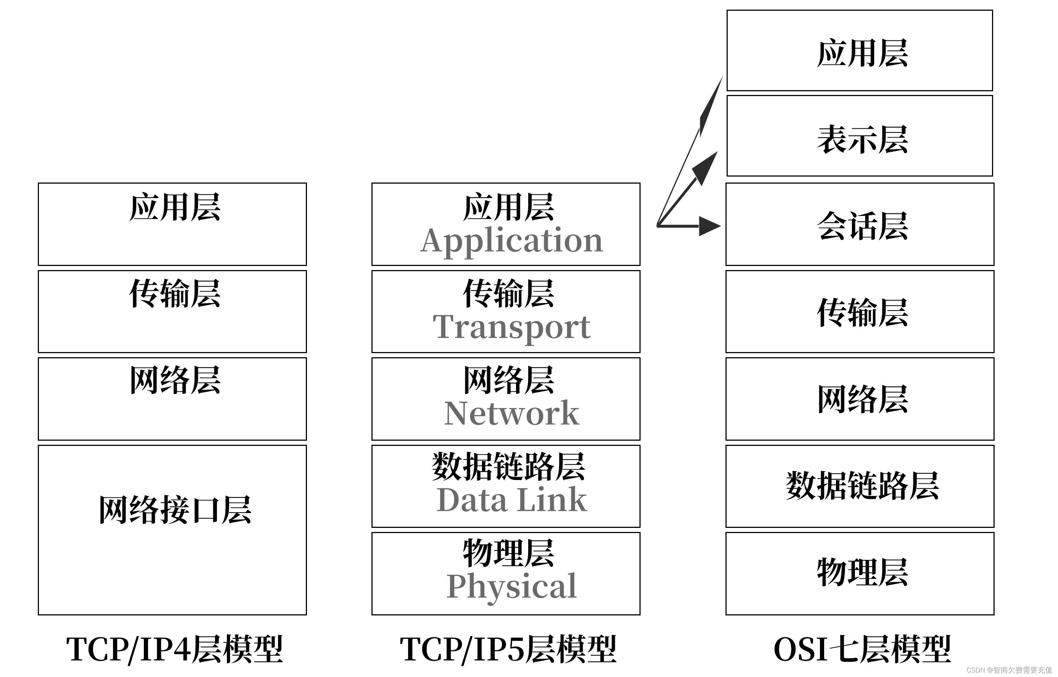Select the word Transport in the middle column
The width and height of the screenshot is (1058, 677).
coord(512,328)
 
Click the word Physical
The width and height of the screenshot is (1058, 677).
coord(512,587)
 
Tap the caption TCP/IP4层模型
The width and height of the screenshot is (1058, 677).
coord(175,649)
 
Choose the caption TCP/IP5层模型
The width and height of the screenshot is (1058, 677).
coord(508,649)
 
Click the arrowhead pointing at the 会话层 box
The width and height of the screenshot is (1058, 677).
coord(710,226)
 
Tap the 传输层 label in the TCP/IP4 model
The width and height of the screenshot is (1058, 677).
coord(175,293)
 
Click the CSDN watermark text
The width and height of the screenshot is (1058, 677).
coord(1009,670)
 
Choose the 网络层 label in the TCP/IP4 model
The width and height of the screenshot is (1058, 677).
coord(175,380)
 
